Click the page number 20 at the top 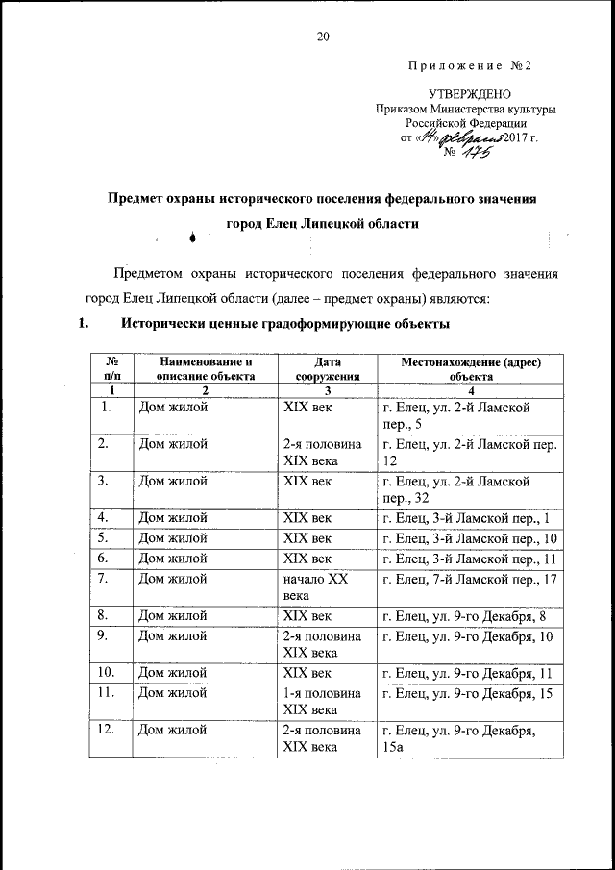pos(323,37)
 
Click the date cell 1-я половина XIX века pos(322,701)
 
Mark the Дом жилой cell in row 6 pos(174,558)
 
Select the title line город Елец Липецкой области pos(322,222)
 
